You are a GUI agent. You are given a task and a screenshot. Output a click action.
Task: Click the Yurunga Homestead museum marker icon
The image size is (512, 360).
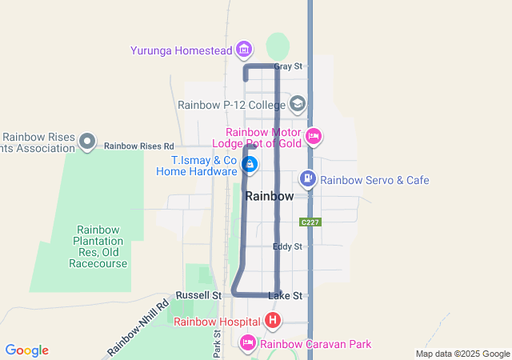pos(244,50)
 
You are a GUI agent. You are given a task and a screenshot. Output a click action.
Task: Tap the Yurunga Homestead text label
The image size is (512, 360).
pos(182,50)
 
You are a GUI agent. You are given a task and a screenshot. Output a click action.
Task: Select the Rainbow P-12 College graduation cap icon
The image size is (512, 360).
pos(298,103)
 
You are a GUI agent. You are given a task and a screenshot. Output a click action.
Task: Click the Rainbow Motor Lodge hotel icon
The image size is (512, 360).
pos(314,137)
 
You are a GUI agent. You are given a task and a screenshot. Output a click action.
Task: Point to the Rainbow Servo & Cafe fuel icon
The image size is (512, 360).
pos(307,178)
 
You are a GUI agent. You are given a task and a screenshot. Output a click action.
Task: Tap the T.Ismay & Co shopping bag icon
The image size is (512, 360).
pos(250,165)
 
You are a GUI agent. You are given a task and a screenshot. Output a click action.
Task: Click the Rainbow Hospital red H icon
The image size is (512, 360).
pos(273,322)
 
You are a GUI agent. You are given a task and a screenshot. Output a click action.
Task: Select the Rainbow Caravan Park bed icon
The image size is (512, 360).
pos(248,343)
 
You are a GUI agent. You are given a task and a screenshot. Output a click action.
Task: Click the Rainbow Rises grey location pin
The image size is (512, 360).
pos(87,142)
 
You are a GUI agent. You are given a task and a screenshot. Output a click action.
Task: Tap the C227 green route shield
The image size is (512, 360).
pos(311,221)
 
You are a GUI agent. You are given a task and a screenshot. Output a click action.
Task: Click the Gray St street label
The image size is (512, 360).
pos(288,66)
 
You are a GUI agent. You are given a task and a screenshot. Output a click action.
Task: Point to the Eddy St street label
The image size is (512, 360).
pos(286,246)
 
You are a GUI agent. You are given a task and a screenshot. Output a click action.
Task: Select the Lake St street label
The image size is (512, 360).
pos(285,296)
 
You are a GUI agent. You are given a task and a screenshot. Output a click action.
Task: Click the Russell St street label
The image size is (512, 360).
pos(199,295)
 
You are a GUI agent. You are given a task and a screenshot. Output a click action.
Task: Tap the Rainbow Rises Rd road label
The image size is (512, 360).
pos(138,146)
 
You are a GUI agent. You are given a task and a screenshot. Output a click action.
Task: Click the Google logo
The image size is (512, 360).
pos(27,350)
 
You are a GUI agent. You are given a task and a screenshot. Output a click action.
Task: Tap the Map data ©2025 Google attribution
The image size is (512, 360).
pos(462,354)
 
